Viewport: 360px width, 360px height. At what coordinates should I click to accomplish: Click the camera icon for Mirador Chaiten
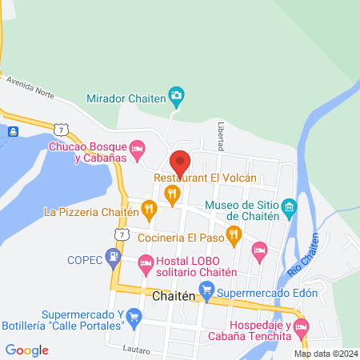[x=177, y=98]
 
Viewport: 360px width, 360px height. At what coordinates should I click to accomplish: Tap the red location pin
[x=180, y=163]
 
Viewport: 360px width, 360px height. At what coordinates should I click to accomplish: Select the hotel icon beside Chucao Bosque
[x=138, y=149]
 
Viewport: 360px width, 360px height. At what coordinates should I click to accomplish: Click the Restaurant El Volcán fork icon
[x=171, y=193]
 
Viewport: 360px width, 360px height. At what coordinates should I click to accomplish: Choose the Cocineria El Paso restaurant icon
[x=234, y=235]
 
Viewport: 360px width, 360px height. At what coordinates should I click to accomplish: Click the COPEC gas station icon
[x=114, y=258]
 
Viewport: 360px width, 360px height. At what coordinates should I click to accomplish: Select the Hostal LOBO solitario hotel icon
[x=145, y=262]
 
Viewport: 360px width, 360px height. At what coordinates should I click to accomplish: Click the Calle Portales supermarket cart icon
[x=134, y=318]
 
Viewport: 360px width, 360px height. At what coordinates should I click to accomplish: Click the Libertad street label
[x=222, y=137]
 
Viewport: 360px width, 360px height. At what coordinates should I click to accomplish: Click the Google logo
[x=27, y=350]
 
